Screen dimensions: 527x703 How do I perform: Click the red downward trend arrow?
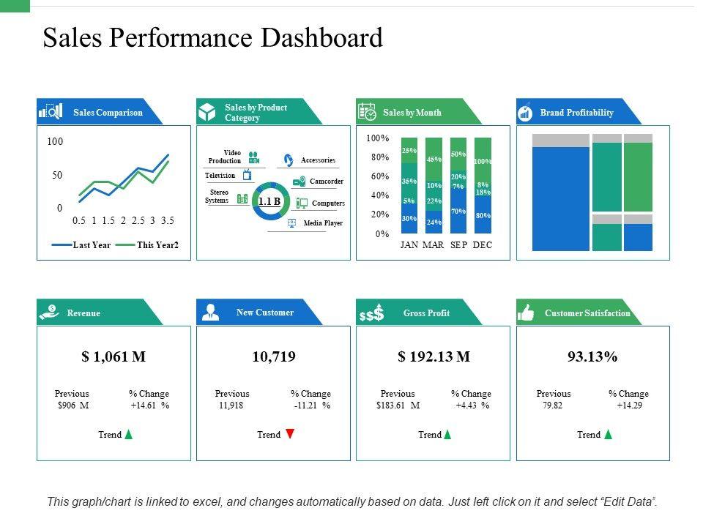coord(290,434)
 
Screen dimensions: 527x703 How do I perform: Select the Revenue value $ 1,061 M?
coord(114,357)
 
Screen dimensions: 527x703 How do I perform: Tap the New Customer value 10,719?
coord(273,357)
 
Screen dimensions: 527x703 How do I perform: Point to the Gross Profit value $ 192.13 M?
coord(434,357)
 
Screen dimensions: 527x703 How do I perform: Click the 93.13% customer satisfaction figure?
coord(592,357)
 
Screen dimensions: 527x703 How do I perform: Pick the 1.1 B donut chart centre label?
coord(269,201)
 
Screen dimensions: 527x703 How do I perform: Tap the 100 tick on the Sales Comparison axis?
coord(56,141)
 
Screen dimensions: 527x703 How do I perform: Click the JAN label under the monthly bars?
coord(409,245)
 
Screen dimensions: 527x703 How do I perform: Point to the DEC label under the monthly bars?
coord(483,245)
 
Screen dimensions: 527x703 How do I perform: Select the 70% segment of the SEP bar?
coord(458,212)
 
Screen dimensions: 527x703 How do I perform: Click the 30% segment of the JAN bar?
coord(409,218)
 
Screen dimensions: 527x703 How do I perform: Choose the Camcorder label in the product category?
coord(326,182)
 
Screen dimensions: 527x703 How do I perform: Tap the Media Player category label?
coord(323,223)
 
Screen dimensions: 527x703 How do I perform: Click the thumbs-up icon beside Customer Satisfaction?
coord(527,313)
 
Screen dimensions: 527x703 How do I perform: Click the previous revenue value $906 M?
coord(72,405)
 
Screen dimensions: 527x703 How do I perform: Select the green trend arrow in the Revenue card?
coord(129,434)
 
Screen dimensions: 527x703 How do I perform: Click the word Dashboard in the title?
coord(319,38)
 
